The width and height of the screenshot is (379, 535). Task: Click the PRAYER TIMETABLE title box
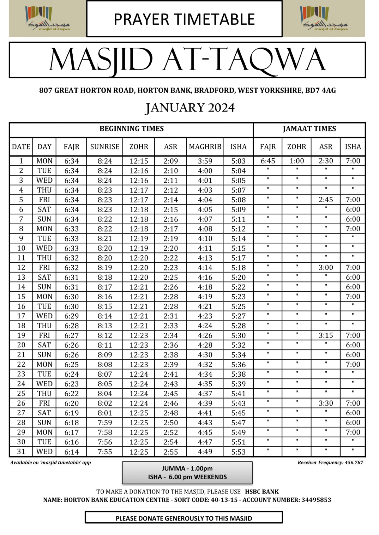184,19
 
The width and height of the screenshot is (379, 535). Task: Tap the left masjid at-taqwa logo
48,19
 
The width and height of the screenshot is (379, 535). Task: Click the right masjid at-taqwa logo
324,19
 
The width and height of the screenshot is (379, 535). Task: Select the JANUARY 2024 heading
189,108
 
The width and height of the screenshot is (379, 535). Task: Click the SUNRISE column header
105,147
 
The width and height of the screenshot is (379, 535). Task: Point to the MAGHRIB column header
205,147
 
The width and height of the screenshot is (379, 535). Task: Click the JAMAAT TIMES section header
309,129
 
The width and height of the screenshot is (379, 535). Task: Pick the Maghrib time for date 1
205,161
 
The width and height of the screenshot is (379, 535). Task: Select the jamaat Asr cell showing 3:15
326,336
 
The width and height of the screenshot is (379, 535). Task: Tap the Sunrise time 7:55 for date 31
105,452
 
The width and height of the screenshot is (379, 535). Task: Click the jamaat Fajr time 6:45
268,161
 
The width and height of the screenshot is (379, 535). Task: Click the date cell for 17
21,316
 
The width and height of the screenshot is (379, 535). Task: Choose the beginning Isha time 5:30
238,336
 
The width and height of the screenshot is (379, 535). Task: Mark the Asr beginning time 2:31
170,316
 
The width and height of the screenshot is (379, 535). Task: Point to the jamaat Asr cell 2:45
326,200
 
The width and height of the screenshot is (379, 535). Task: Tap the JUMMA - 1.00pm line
187,469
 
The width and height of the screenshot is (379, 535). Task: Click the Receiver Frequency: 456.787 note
330,462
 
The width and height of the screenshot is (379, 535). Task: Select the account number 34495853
316,500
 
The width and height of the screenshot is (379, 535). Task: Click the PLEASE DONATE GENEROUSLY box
184,518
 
